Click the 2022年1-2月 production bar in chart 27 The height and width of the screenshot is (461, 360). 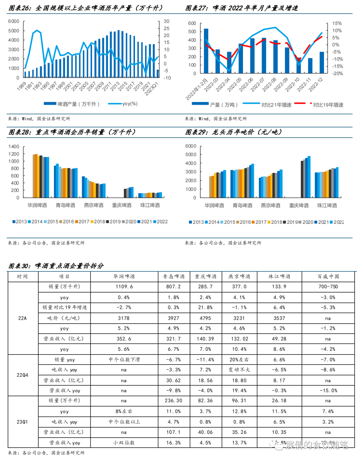point(206,51)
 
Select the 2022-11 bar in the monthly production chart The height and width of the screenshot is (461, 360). point(310,66)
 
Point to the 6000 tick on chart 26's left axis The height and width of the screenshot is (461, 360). point(14,21)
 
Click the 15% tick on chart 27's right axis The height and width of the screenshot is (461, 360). point(337,23)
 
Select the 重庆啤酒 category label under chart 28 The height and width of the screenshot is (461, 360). point(122,205)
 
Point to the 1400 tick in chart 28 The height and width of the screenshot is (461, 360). point(14,147)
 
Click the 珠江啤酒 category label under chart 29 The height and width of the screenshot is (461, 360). point(327,205)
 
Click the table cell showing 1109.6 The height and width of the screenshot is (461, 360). point(124,287)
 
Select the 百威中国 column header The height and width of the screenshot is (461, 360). point(328,277)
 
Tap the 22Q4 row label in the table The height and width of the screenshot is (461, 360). point(22,375)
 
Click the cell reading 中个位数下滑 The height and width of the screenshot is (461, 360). point(124,360)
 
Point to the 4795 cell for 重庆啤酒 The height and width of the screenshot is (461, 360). point(205,318)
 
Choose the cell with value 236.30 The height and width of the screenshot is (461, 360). point(173,401)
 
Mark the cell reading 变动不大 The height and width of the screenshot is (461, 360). point(239,370)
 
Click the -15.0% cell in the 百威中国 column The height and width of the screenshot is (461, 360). point(328,391)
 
